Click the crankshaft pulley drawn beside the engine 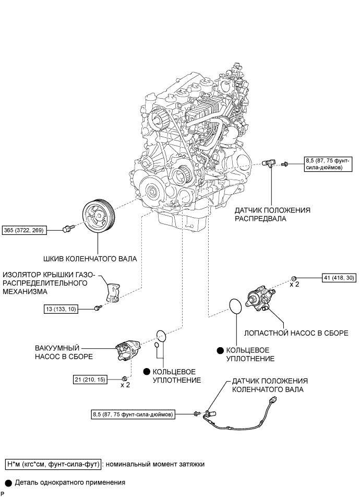coord(99,217)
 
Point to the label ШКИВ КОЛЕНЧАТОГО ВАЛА coord(90,259)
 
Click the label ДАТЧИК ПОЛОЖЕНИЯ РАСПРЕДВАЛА coord(272,214)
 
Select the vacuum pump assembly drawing coord(127,351)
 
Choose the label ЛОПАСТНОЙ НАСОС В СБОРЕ coord(296,333)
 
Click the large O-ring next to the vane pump coord(235,306)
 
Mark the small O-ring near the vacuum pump coord(157,345)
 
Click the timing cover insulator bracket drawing coord(113,292)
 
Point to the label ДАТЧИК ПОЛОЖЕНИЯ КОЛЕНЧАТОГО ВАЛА coord(270,385)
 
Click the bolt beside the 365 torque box coord(68,229)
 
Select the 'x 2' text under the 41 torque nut coord(294,285)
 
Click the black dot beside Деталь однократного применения coord(9,483)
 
